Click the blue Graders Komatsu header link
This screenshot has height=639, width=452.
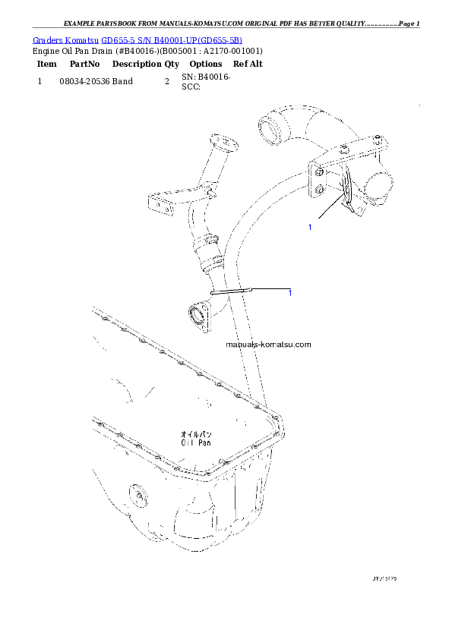click(137, 40)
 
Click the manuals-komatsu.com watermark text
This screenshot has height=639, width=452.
click(268, 344)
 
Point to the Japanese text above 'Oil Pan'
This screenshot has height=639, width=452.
click(196, 432)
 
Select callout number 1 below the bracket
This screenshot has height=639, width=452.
click(309, 227)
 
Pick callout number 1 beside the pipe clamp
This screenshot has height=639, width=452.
click(290, 293)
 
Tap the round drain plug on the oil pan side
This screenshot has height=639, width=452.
click(140, 497)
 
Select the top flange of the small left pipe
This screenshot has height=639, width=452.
click(224, 143)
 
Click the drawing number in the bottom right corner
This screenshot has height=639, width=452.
click(384, 579)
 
